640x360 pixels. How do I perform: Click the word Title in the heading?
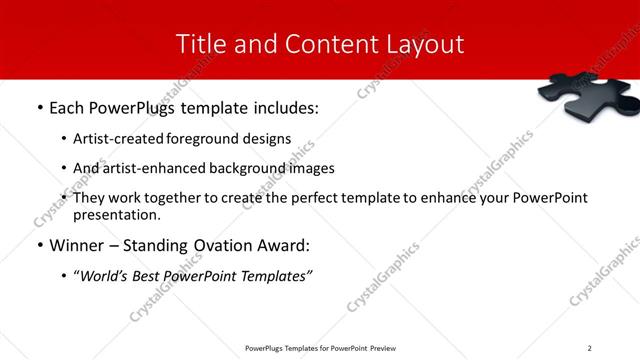tap(200, 44)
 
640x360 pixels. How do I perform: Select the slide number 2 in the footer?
tap(590, 347)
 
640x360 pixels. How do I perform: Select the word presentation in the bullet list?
tap(114, 214)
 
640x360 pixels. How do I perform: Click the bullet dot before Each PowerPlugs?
tap(39, 108)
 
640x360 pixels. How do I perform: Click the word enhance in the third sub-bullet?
tap(450, 198)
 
